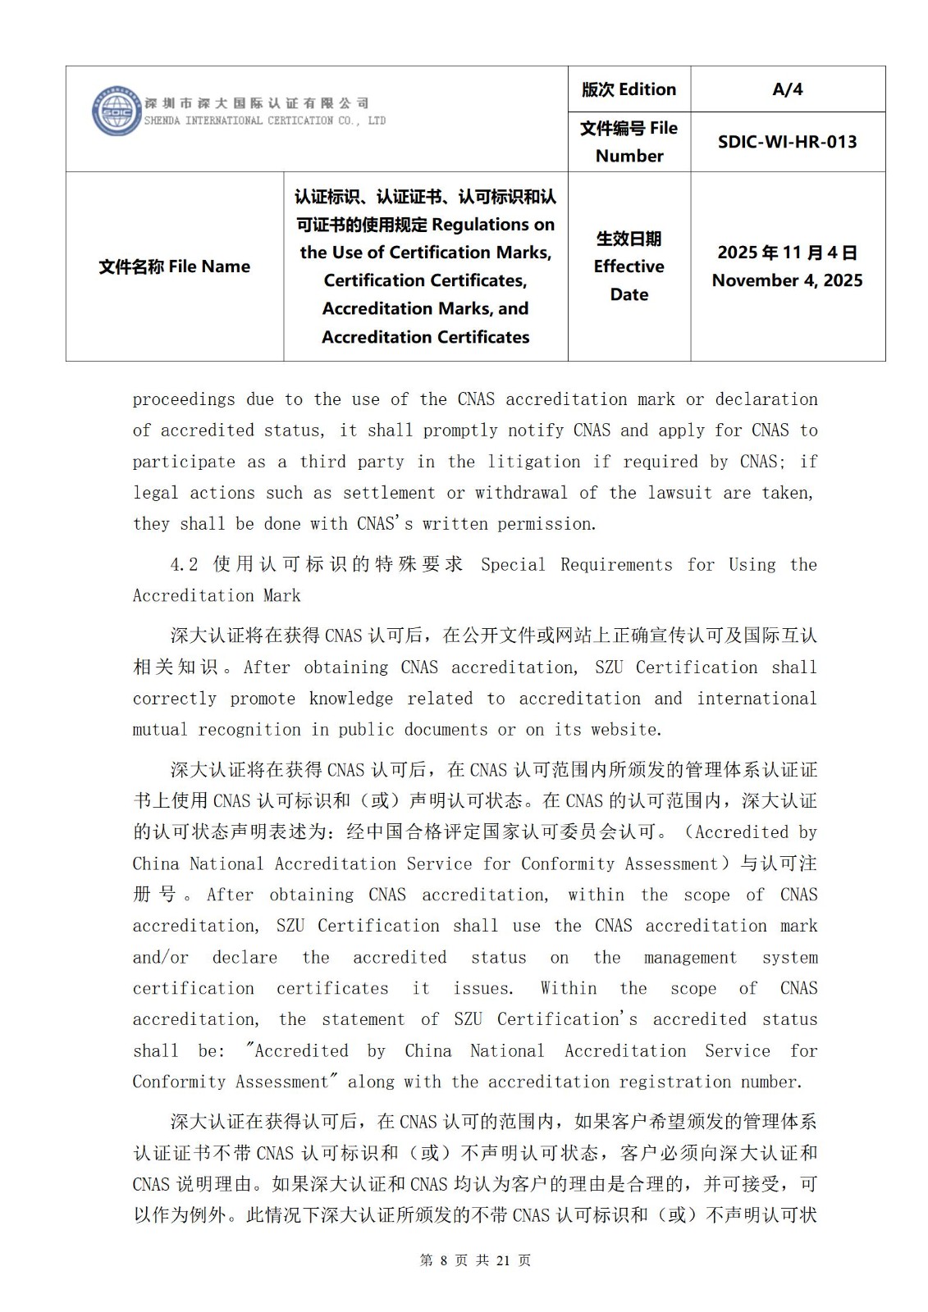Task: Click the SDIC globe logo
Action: point(117,112)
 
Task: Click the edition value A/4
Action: point(787,89)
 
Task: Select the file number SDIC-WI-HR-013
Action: point(787,142)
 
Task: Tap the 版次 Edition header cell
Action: point(629,89)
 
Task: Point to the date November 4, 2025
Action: point(787,280)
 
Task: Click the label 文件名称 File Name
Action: point(174,266)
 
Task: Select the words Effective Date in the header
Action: point(629,280)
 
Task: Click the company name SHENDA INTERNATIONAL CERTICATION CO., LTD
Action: point(264,121)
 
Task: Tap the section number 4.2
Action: point(185,564)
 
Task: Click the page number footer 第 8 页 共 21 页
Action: point(475,1260)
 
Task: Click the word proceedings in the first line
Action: point(184,399)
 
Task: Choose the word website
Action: point(619,730)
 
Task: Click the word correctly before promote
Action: point(174,699)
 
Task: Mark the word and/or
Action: point(161,958)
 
